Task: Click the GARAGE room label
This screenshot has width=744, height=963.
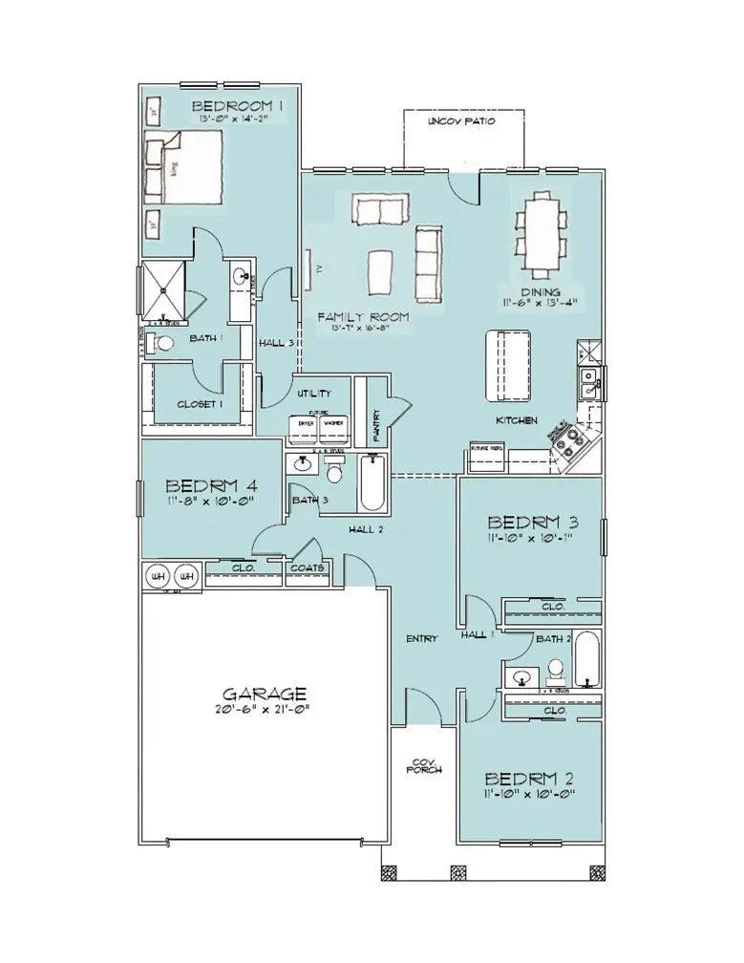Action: [x=264, y=694]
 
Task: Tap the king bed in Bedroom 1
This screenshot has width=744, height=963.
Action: [x=185, y=166]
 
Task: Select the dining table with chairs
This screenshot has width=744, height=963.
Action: [x=540, y=230]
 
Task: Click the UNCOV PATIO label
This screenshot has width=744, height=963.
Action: [x=462, y=123]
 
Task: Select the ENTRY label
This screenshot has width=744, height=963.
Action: [x=420, y=638]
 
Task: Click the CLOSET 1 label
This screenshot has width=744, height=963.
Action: [x=200, y=404]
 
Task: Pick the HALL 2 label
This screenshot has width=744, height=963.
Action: [x=366, y=529]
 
